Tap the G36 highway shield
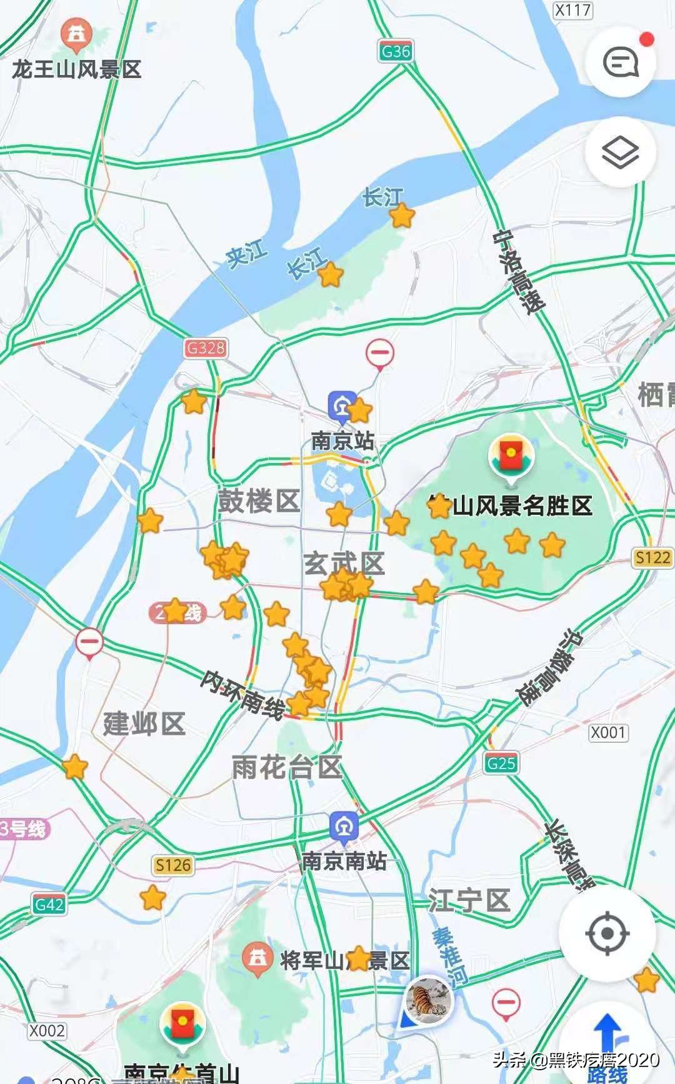tap(396, 51)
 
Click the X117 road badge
tap(572, 10)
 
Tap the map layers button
tap(620, 152)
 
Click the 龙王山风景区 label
tap(76, 69)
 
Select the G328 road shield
tap(206, 348)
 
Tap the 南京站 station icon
tap(341, 406)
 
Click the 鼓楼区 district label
tap(259, 501)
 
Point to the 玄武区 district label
tap(343, 563)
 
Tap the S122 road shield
tap(652, 557)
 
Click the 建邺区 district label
tap(144, 723)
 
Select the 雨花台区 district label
tap(287, 767)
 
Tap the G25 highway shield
tap(501, 763)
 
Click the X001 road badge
tap(608, 732)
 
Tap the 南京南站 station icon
tap(344, 827)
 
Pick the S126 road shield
tap(173, 865)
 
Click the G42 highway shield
tap(49, 904)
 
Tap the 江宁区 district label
tap(469, 901)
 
